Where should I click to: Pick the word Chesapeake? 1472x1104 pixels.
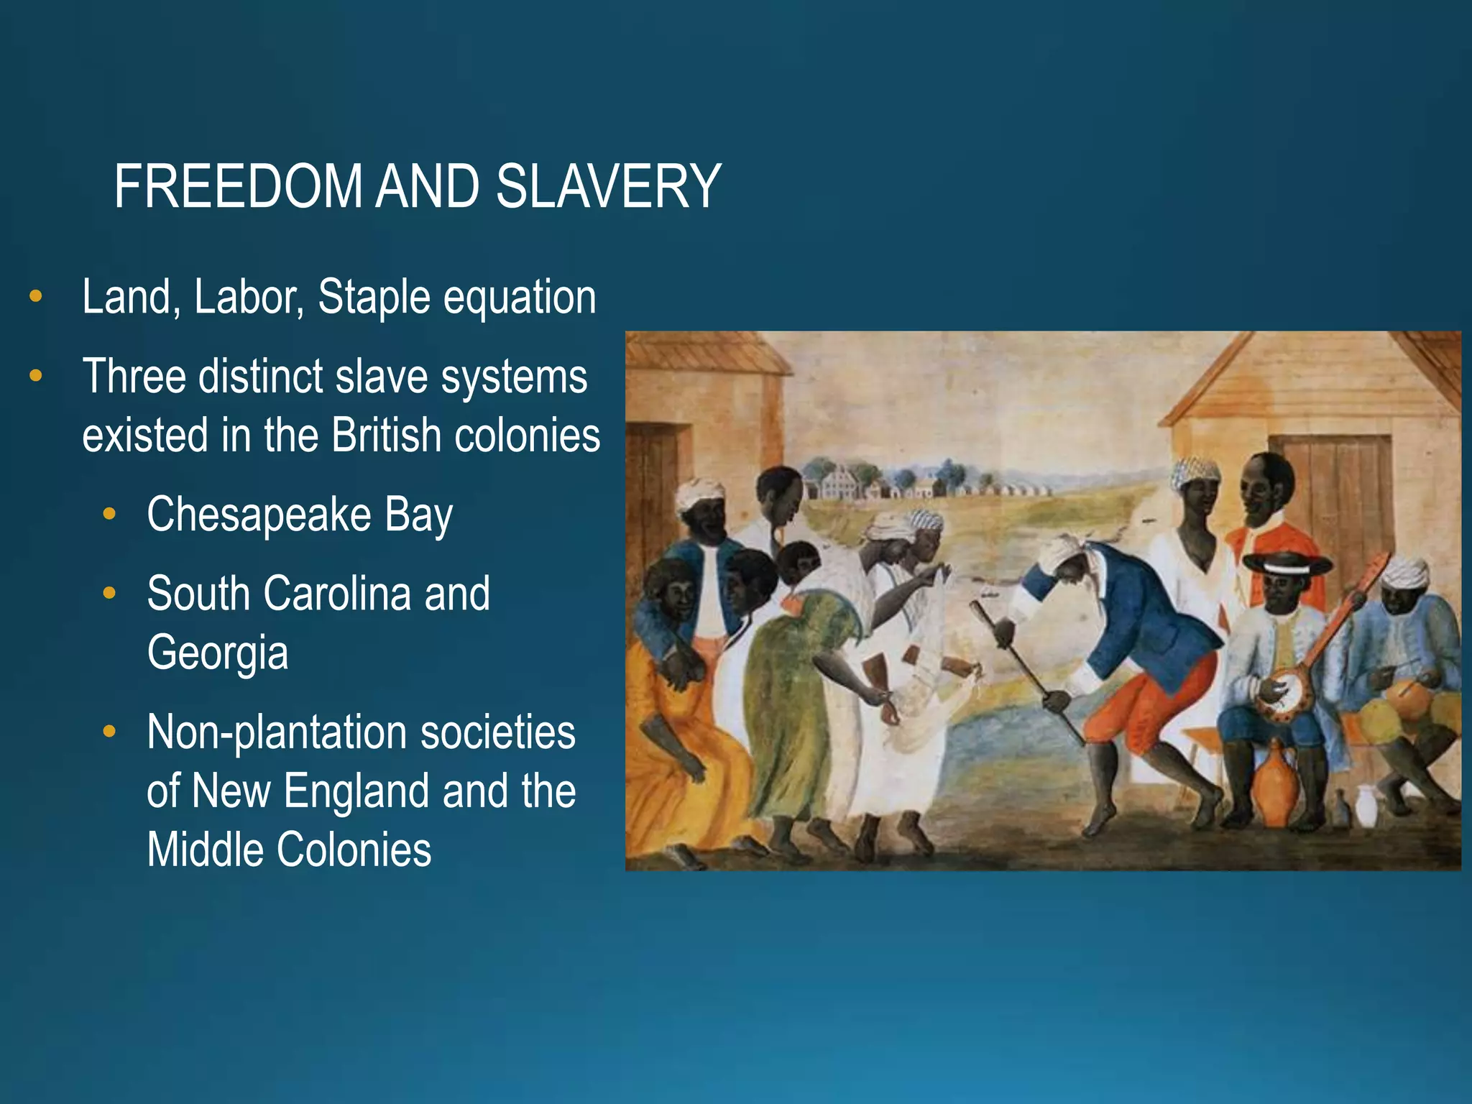click(259, 515)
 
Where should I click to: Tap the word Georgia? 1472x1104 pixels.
click(218, 653)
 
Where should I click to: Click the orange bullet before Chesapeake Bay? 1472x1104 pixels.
click(109, 514)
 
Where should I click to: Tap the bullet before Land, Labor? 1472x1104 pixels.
click(35, 296)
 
